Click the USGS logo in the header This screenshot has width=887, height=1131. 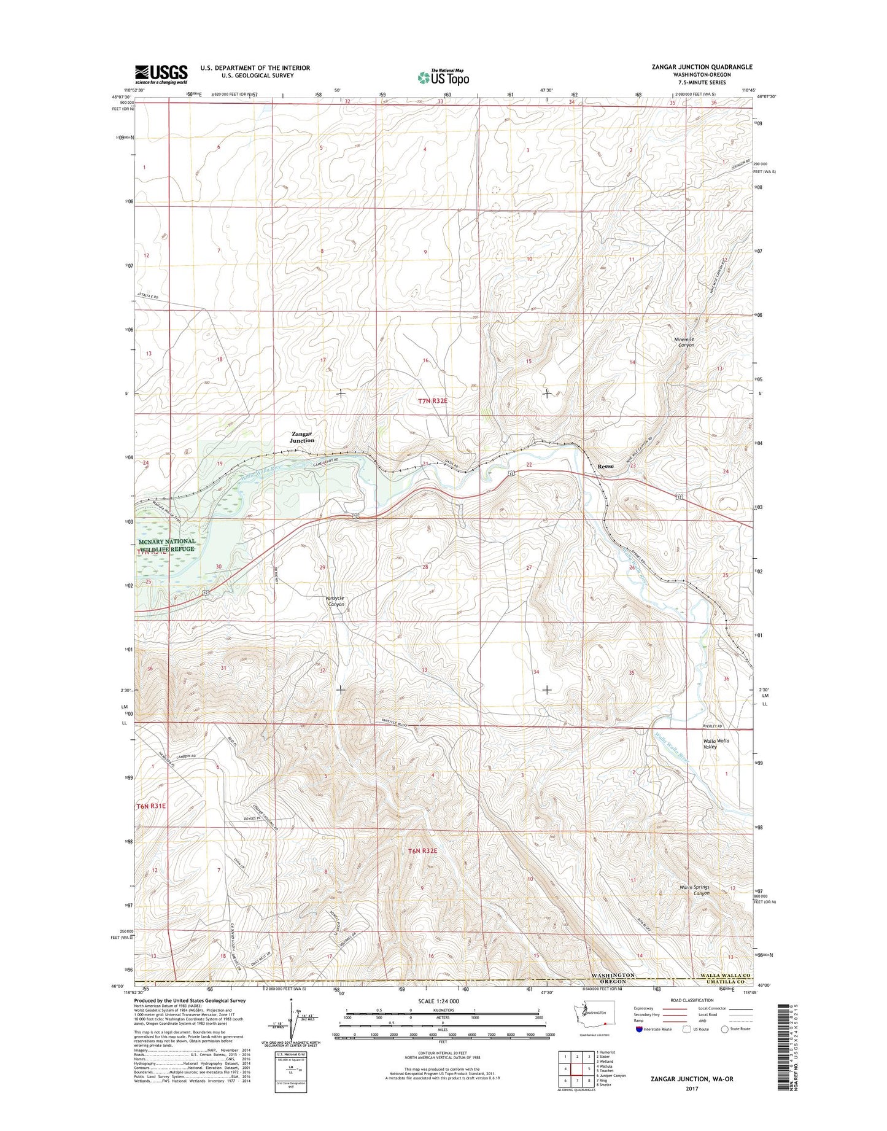tap(161, 74)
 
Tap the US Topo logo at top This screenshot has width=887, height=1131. tap(443, 77)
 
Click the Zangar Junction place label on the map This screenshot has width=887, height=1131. tap(302, 437)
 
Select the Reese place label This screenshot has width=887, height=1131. tap(605, 467)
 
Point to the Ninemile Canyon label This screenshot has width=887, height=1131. tap(682, 342)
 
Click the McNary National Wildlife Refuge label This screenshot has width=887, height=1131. tap(166, 545)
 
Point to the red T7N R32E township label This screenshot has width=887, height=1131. tap(433, 401)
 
